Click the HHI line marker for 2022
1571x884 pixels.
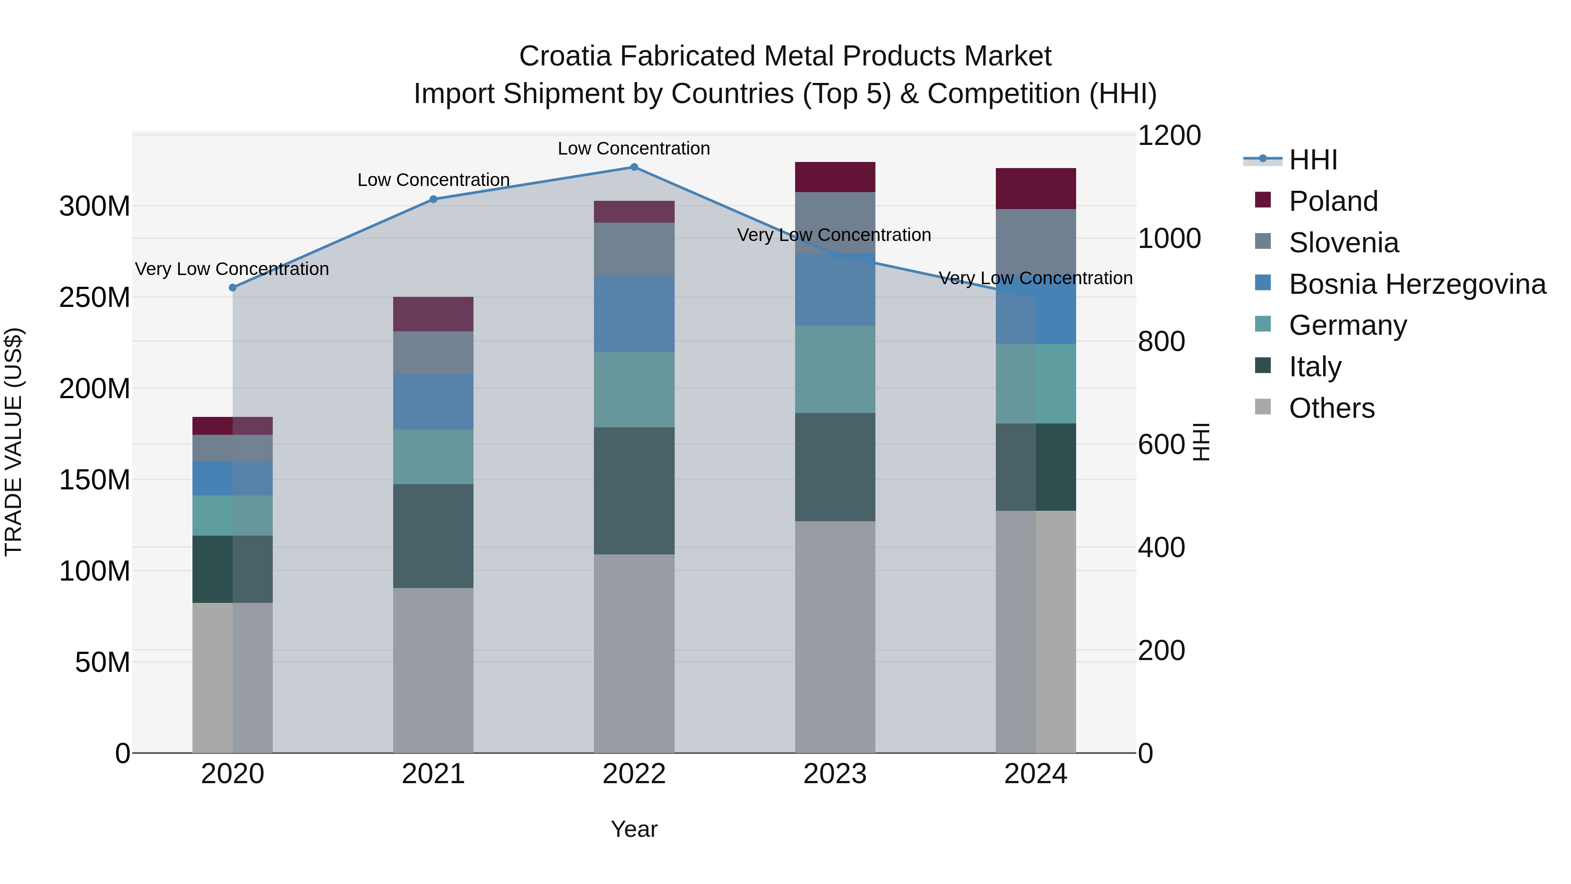634,167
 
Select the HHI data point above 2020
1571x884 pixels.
232,287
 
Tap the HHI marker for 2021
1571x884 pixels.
433,199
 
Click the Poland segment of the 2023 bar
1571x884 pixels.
835,177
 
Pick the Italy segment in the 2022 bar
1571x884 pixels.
634,491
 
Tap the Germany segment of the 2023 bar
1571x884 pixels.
835,369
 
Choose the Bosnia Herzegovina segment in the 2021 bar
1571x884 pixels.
433,402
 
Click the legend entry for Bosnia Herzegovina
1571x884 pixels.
1417,284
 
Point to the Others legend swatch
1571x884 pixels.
1262,407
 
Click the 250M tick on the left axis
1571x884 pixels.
95,298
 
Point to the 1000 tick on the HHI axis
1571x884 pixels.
1169,238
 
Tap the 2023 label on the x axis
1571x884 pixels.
835,774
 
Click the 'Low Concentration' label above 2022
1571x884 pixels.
634,149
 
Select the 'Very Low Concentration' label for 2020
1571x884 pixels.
232,269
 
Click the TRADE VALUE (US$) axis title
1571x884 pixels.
14,442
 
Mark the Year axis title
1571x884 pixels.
634,829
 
